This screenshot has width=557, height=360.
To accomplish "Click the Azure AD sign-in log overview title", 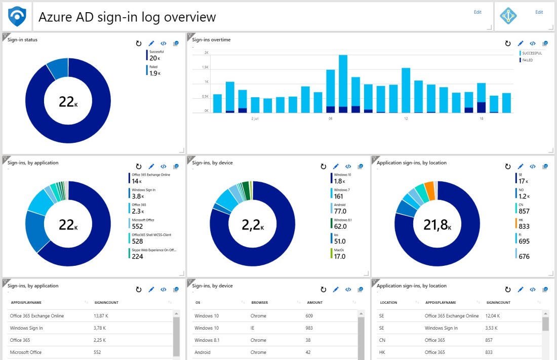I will [x=127, y=17].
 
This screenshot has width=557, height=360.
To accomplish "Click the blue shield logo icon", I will [x=17, y=17].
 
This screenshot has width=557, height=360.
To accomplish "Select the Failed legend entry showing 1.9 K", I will [x=155, y=70].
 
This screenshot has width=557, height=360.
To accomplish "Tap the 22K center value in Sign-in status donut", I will [x=68, y=102].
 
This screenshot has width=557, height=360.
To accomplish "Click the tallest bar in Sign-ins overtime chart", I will [x=343, y=84].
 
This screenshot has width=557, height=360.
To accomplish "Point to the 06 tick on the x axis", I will [x=330, y=118].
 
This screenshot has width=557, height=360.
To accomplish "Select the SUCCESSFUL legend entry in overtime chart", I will [x=531, y=53].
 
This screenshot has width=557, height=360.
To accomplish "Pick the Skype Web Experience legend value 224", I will [x=137, y=256].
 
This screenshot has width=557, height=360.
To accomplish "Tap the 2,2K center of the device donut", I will [x=252, y=224].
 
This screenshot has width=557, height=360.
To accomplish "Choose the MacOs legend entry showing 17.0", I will [x=340, y=253].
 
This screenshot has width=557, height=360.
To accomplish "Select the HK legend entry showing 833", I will [x=524, y=223].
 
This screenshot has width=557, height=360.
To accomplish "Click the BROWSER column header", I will [x=260, y=303].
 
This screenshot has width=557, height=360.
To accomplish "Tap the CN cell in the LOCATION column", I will [x=382, y=340].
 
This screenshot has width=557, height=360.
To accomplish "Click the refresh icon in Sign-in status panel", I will [x=139, y=44].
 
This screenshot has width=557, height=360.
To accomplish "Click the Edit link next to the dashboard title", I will [x=478, y=12].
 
